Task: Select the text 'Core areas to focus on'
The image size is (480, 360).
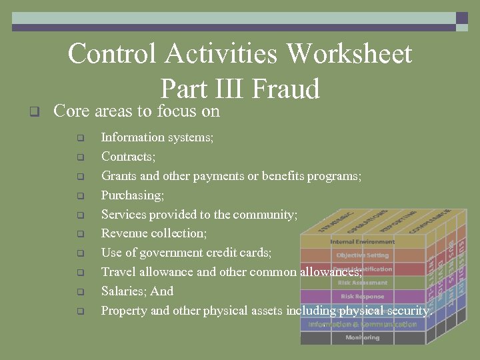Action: point(136,111)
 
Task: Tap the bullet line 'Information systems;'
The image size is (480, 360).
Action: point(157,137)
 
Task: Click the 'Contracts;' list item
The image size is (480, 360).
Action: point(129,157)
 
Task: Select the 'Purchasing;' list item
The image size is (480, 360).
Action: point(133,195)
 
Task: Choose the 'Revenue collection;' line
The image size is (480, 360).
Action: point(154,233)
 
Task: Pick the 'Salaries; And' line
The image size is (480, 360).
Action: point(137,291)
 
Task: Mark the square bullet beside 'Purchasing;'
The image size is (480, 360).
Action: point(80,196)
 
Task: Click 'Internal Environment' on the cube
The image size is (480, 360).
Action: point(362,241)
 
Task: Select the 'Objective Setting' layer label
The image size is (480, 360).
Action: point(362,255)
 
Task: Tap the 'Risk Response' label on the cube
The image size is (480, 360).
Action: point(362,297)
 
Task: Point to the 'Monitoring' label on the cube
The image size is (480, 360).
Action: point(362,338)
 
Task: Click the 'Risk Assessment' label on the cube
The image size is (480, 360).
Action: point(362,283)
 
